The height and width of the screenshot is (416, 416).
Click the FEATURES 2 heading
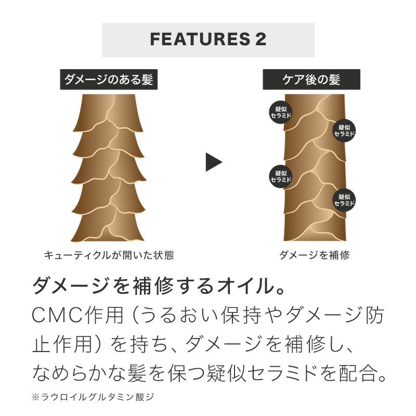click(x=208, y=40)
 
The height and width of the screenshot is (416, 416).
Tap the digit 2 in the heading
click(x=261, y=40)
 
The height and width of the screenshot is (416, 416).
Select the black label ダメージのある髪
click(x=109, y=80)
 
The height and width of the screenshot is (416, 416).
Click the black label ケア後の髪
click(x=311, y=80)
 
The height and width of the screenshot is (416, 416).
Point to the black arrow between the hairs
click(x=213, y=162)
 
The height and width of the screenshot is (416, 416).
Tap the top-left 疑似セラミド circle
click(x=281, y=111)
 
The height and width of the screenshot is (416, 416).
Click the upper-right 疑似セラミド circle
click(x=344, y=130)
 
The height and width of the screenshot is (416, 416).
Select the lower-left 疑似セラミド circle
click(x=281, y=176)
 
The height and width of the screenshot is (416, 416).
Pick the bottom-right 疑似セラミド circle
click(x=344, y=200)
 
